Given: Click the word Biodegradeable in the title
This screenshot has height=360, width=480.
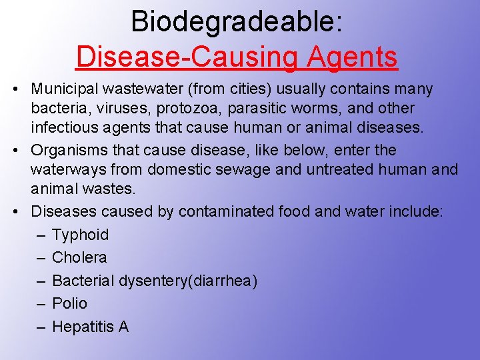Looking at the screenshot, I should click(237, 21).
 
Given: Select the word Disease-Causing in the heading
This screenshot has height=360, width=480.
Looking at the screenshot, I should click(189, 57).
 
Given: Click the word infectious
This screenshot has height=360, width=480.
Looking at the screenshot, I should click(64, 127).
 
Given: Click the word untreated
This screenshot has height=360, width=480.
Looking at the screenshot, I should click(343, 169).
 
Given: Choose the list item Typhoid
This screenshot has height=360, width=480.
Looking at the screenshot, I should click(80, 235).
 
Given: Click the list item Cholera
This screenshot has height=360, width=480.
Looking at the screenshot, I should click(79, 257).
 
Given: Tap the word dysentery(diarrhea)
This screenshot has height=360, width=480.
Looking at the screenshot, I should click(189, 281).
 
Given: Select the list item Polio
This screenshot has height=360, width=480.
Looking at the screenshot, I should click(69, 303).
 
